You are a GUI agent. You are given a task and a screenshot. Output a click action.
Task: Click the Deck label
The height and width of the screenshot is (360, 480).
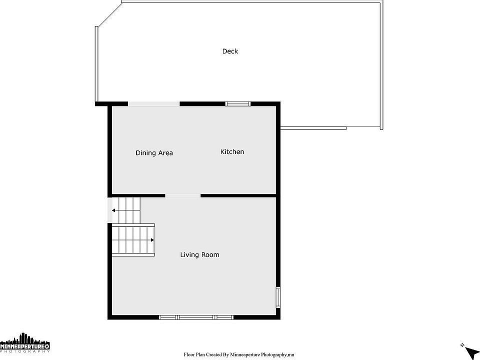coord(230,51)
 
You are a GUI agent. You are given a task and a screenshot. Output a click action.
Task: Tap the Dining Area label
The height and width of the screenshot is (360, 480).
coord(154,153)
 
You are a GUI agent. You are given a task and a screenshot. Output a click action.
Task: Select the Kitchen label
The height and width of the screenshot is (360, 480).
coord(232,151)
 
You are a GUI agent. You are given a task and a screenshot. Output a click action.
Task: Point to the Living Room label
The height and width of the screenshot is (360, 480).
coord(199,254)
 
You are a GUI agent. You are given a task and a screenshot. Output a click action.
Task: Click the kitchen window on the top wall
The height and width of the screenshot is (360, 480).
coord(238,104)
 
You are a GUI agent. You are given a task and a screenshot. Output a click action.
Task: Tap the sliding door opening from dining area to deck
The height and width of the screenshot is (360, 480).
coord(153,104)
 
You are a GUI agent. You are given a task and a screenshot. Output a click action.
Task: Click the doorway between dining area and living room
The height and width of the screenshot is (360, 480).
coord(183,195)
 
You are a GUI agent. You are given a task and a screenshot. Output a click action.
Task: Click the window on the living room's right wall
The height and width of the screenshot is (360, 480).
coord(278,297)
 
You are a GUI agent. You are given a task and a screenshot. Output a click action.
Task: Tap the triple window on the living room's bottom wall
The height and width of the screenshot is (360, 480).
coord(196,317)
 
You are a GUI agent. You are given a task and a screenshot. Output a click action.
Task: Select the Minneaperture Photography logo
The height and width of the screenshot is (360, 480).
coord(25,342)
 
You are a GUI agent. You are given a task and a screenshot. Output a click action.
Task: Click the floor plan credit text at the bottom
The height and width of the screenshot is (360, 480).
coord(239,355)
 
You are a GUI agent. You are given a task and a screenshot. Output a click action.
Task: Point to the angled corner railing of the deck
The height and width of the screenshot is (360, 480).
coord(109,14)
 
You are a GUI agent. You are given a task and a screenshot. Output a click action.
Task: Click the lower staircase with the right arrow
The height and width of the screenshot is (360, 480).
coord(133,240)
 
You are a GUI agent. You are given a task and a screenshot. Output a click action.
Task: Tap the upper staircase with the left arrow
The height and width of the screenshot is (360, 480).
coord(126,210)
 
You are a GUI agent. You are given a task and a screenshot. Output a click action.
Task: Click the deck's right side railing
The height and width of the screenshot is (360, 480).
coord(381,65)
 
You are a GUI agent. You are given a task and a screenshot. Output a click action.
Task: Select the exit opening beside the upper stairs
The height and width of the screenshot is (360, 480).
coord(109,210)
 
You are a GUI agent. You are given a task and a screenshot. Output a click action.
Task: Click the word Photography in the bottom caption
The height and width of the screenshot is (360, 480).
coord(273,355)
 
